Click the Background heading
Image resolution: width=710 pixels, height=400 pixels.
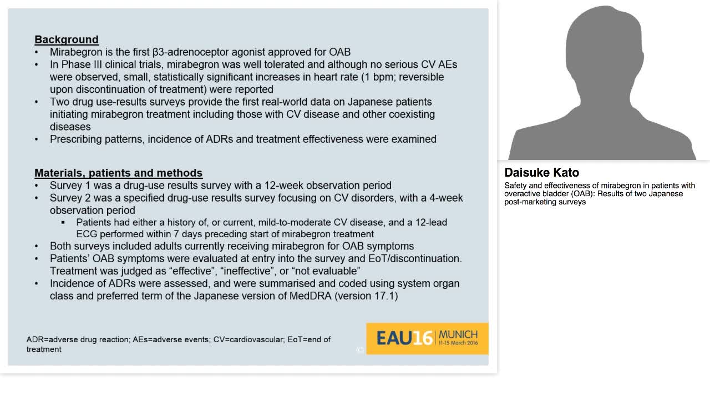67,39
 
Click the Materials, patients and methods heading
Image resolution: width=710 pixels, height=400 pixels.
118,173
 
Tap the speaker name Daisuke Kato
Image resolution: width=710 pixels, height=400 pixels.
541,173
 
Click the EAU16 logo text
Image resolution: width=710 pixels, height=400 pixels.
404,338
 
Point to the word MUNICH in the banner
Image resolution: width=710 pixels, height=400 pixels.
458,334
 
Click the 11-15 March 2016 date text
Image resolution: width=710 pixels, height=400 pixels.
458,343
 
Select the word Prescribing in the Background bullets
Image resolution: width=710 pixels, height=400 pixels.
75,139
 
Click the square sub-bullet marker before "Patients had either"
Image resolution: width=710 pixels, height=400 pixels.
63,222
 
